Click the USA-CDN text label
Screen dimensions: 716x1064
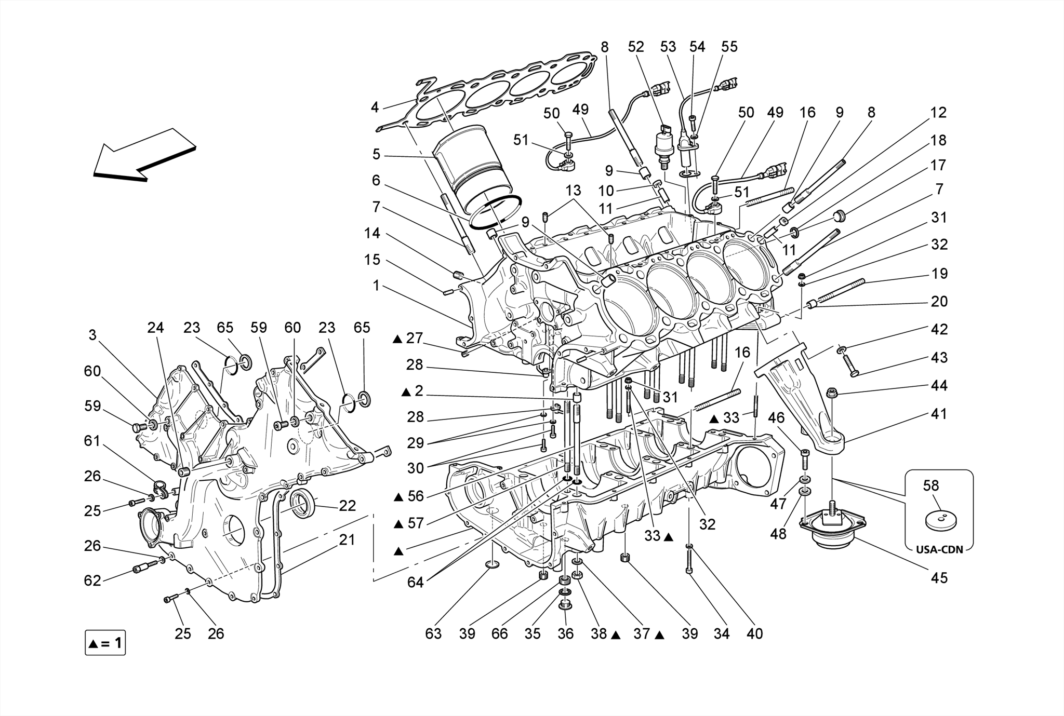coord(939,550)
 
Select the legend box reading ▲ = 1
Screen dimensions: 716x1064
coord(105,643)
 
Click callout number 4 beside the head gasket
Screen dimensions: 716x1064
coord(375,107)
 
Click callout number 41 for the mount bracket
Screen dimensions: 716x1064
coord(939,414)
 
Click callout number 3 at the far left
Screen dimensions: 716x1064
coord(92,335)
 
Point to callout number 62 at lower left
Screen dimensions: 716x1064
coord(92,580)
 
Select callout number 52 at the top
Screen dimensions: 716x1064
coord(636,47)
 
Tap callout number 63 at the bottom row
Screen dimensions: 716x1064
coord(433,633)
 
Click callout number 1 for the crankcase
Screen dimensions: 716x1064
coord(376,286)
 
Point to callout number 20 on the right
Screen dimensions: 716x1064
coord(939,301)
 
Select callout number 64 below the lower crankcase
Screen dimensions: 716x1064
coord(415,583)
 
